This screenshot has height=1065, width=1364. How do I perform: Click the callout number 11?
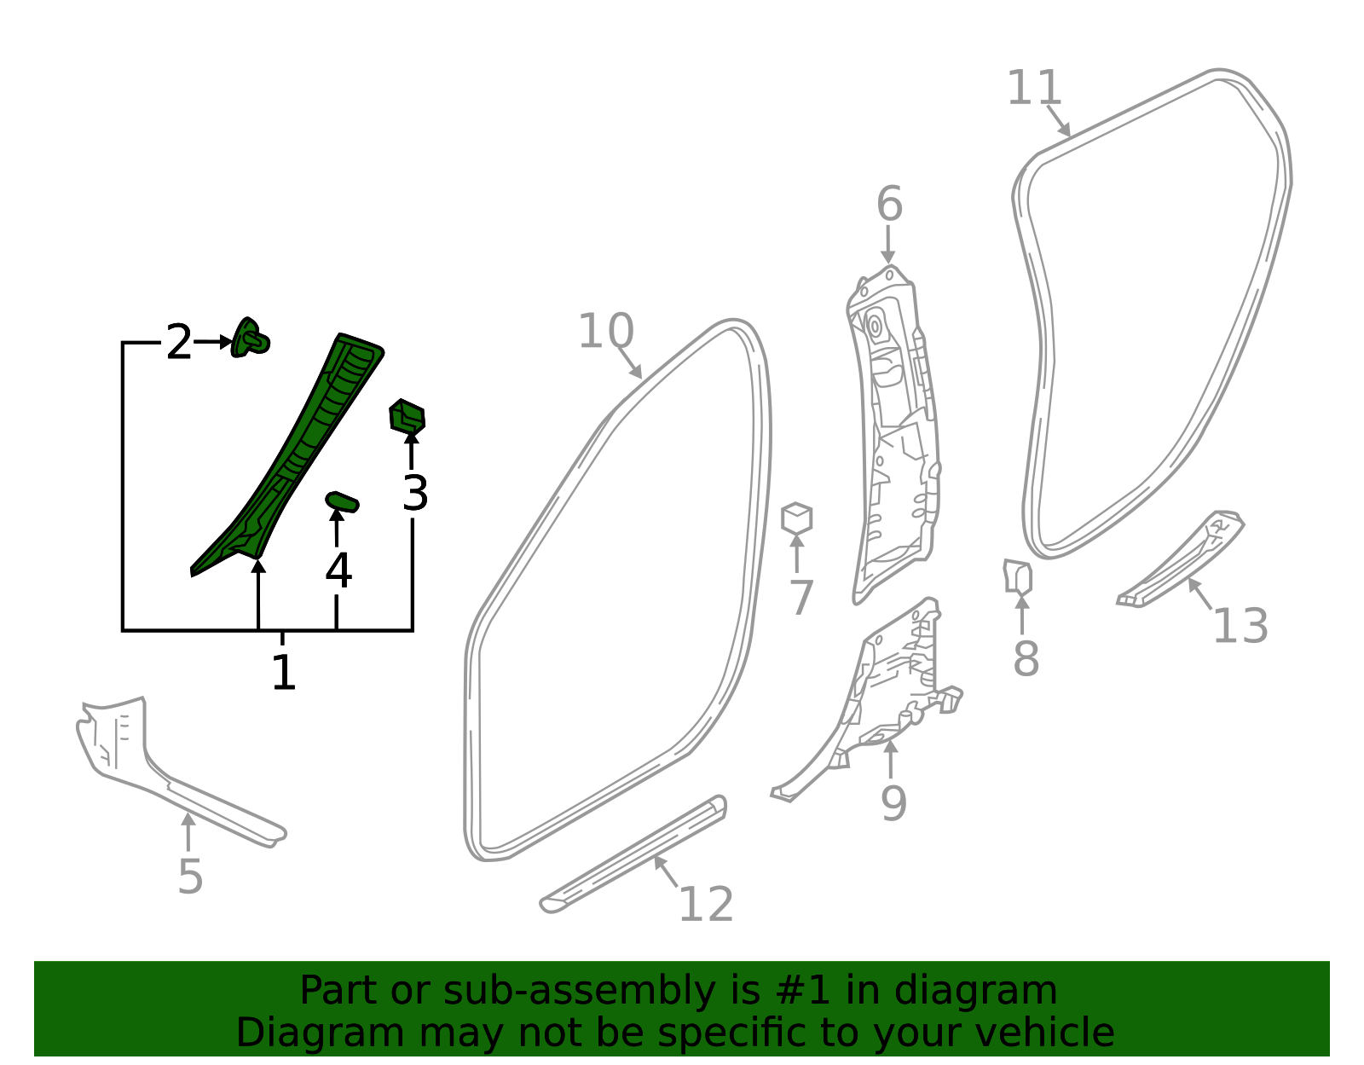click(x=1033, y=89)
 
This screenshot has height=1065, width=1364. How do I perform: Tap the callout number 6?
click(x=889, y=204)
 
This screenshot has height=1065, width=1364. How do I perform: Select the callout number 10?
click(x=606, y=331)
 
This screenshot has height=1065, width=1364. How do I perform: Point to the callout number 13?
click(x=1240, y=626)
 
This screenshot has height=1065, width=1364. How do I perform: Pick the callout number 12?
click(x=706, y=905)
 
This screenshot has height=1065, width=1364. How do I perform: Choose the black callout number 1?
click(x=283, y=673)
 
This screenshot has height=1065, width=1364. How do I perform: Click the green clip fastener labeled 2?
click(x=250, y=338)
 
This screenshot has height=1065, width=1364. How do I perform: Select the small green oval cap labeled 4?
click(x=342, y=502)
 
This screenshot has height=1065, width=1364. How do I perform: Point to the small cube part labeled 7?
click(x=796, y=518)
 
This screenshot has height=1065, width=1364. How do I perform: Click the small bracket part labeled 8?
click(x=1018, y=576)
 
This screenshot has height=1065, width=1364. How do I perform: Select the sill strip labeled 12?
click(x=633, y=854)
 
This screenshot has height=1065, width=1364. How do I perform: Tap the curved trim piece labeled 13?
click(x=1180, y=560)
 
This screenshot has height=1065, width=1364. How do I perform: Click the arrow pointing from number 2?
click(x=213, y=342)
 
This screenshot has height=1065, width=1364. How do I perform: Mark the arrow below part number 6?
click(x=887, y=245)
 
